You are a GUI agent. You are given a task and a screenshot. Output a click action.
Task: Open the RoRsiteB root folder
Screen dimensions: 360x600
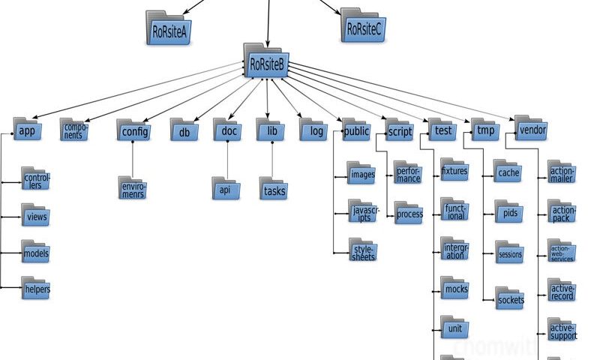[x=266, y=62]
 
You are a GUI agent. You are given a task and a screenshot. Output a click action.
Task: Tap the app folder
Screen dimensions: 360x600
[x=27, y=130]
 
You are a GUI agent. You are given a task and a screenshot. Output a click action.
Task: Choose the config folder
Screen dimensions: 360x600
[x=133, y=130]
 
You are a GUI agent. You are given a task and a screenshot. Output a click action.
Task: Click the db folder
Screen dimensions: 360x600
[x=183, y=130]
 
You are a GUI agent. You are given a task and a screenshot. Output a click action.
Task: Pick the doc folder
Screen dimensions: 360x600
[x=227, y=130]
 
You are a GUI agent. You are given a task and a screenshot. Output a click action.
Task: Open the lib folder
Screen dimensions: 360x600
[x=271, y=130]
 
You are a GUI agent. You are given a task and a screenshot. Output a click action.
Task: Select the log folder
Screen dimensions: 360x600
[x=312, y=130]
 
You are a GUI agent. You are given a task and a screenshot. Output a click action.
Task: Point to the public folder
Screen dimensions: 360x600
[x=356, y=130]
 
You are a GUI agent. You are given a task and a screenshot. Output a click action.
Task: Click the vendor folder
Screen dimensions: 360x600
[x=531, y=129]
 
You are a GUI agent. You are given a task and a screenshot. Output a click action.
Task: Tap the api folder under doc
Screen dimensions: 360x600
[x=225, y=189]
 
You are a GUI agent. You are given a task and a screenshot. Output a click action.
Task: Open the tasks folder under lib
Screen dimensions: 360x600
[x=273, y=189]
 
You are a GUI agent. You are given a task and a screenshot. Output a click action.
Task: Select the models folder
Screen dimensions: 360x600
[x=35, y=252]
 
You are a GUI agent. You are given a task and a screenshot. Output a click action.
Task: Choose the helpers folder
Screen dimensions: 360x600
[x=35, y=287]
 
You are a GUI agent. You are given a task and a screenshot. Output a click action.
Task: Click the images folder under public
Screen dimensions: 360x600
[x=361, y=174]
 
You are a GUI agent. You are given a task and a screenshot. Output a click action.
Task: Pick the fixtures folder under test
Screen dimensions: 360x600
[x=454, y=171]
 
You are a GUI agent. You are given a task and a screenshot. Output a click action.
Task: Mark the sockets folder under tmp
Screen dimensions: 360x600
[x=510, y=298]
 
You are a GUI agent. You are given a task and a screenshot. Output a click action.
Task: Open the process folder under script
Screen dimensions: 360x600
[x=409, y=213]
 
